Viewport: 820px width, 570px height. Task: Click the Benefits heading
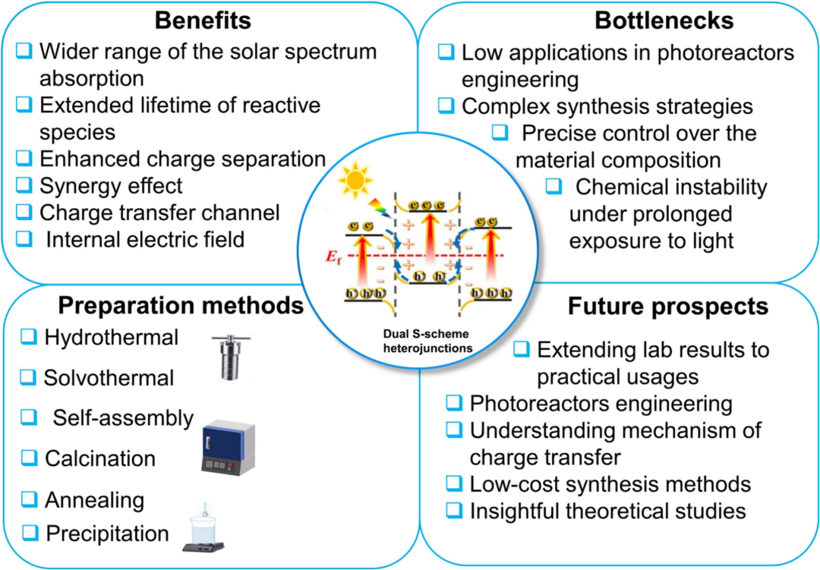click(x=203, y=20)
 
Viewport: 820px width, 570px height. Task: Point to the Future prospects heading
click(x=668, y=306)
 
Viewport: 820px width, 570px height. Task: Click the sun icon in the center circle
click(x=356, y=180)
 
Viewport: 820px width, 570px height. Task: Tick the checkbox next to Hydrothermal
click(x=29, y=336)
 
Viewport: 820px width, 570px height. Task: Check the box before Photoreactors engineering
click(x=454, y=402)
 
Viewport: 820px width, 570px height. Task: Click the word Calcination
click(x=100, y=458)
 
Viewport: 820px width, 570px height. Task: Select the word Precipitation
click(x=106, y=533)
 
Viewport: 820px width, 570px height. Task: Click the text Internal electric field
click(x=145, y=239)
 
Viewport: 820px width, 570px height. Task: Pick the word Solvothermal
click(x=109, y=377)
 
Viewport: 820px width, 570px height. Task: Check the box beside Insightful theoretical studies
click(x=454, y=511)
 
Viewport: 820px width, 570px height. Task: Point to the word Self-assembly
click(x=123, y=417)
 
